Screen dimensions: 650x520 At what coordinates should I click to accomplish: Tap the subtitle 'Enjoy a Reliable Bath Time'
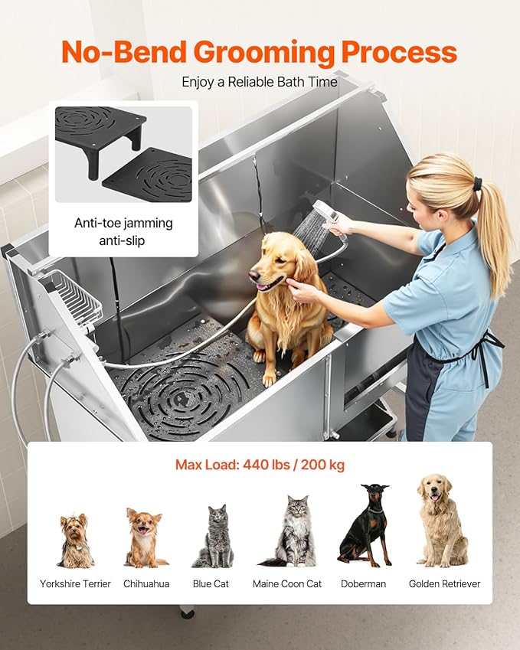pyautogui.click(x=259, y=82)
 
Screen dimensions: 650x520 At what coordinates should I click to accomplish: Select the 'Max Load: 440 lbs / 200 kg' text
pyautogui.click(x=259, y=465)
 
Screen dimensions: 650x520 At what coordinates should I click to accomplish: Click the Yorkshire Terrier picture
pyautogui.click(x=75, y=541)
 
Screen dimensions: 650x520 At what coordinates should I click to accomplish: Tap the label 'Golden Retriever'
pyautogui.click(x=444, y=584)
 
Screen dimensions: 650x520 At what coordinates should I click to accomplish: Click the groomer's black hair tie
pyautogui.click(x=478, y=184)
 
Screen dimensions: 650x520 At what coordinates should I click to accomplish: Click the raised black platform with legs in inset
pyautogui.click(x=100, y=131)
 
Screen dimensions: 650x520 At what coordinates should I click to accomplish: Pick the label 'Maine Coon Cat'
pyautogui.click(x=287, y=584)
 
